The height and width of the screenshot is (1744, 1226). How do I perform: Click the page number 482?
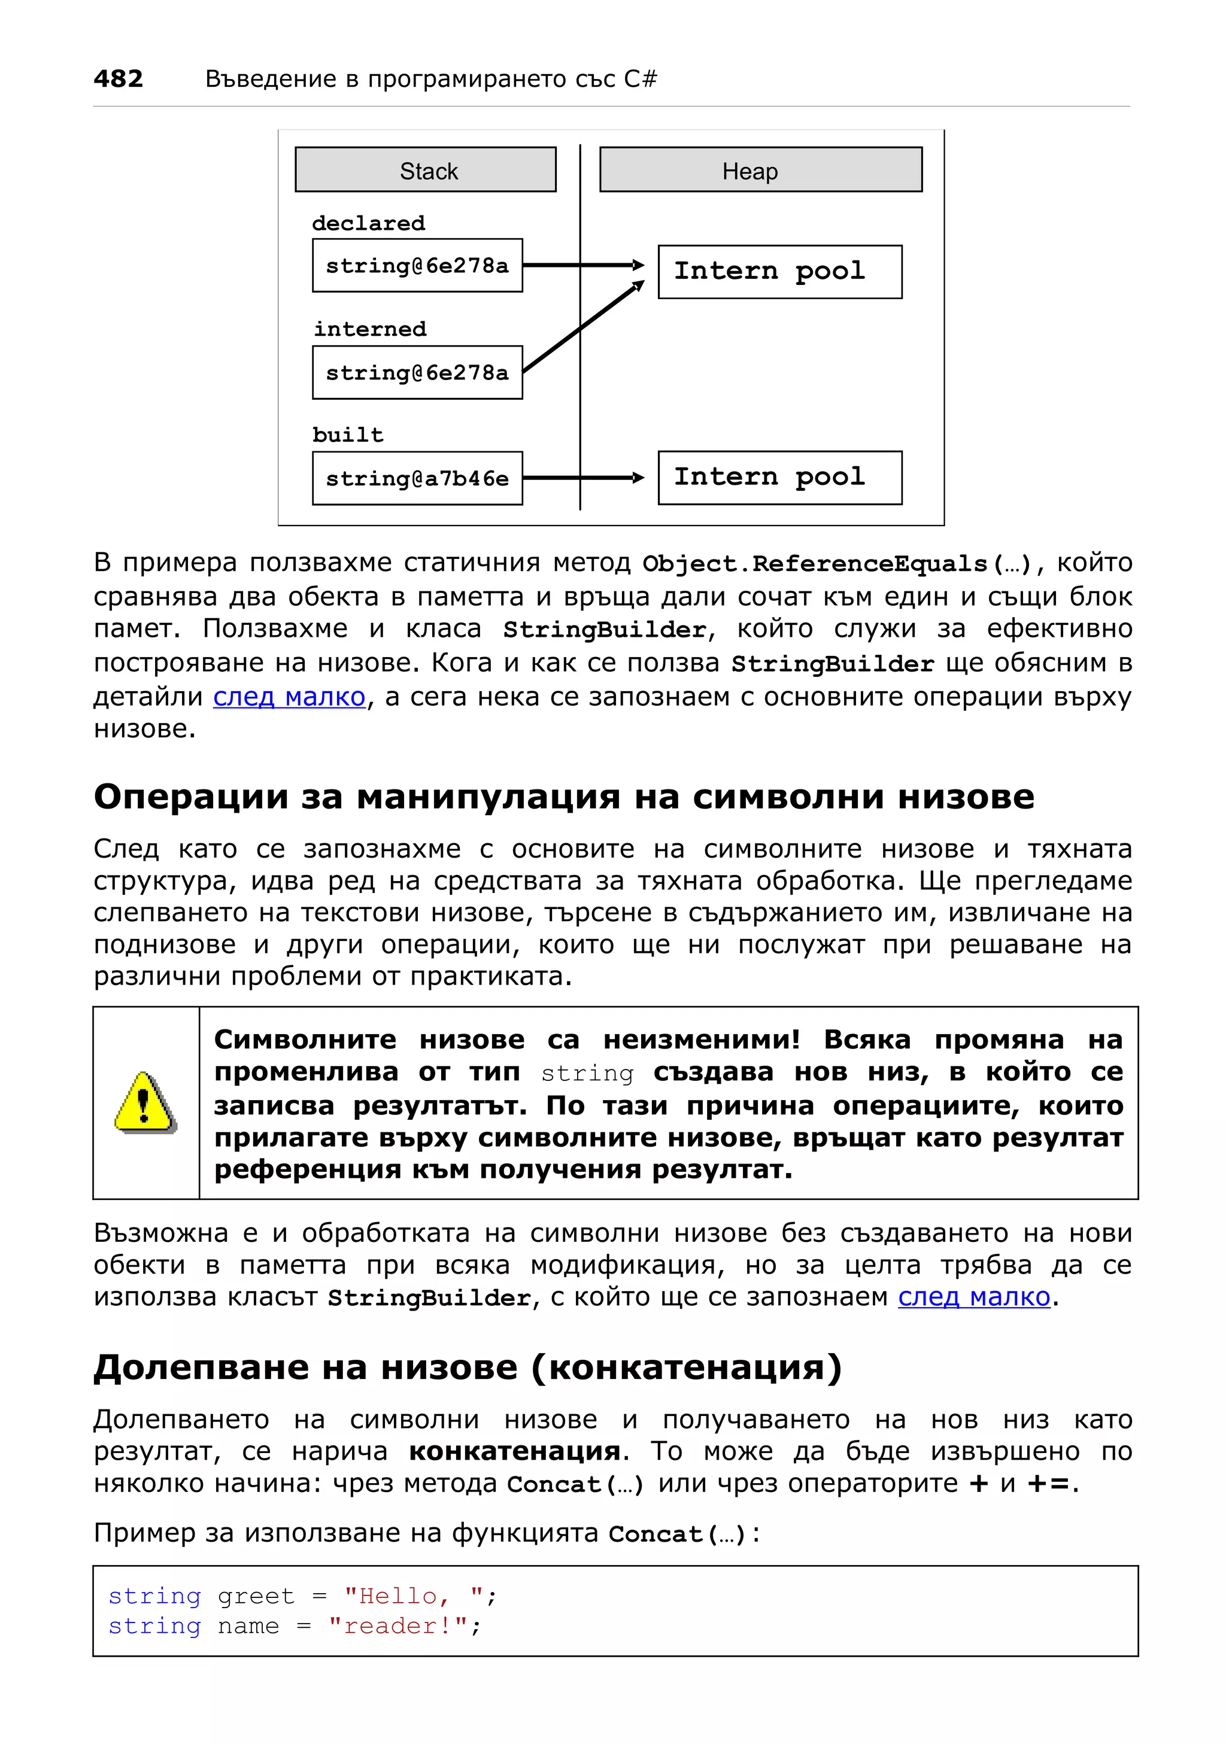(x=118, y=78)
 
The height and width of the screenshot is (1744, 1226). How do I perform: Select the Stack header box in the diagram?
(x=426, y=170)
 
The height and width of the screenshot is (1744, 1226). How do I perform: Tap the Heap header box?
(x=760, y=170)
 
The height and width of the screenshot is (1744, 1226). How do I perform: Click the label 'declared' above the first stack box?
(x=368, y=223)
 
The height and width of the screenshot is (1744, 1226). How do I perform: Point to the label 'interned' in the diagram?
(x=370, y=329)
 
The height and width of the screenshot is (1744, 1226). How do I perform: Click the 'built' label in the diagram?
(x=348, y=435)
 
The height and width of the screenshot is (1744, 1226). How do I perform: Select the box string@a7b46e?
(x=417, y=478)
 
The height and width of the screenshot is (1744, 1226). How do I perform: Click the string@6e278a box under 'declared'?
(x=417, y=265)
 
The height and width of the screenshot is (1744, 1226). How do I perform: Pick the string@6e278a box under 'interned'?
(x=417, y=372)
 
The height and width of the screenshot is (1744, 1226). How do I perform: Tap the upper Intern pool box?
(x=779, y=271)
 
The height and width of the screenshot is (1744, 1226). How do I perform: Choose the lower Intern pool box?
(x=779, y=477)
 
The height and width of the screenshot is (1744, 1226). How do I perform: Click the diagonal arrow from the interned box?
(x=584, y=327)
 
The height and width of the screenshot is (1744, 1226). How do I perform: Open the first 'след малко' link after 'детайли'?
(x=289, y=697)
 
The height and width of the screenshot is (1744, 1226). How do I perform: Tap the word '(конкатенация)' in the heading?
(x=686, y=1367)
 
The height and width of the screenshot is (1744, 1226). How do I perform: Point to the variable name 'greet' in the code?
(x=255, y=1596)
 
